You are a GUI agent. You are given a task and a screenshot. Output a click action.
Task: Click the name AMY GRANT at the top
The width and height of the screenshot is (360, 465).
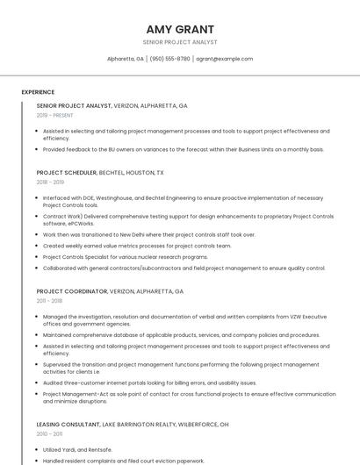click(x=179, y=29)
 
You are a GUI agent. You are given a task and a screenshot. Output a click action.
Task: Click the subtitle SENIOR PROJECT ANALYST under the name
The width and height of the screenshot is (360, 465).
click(x=179, y=42)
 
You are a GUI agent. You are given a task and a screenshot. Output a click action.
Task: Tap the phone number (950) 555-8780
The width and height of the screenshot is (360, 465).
click(x=169, y=59)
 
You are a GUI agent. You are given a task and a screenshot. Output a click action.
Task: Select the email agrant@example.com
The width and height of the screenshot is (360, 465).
click(x=224, y=59)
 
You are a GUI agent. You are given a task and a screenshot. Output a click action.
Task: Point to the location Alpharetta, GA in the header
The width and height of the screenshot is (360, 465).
click(x=125, y=59)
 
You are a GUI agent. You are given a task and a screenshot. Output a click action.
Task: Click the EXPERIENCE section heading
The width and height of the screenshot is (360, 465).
click(x=38, y=92)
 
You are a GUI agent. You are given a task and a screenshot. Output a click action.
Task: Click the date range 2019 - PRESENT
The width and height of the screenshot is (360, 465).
click(x=55, y=115)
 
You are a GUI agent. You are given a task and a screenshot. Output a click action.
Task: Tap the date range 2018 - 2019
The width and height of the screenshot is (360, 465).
click(x=50, y=182)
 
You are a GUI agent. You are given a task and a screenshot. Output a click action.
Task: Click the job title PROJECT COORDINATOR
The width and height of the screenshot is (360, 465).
click(x=71, y=291)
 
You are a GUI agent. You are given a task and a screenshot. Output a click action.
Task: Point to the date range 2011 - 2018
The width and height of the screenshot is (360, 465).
click(x=49, y=300)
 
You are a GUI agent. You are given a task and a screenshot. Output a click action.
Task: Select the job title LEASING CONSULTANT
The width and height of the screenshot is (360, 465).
click(x=69, y=424)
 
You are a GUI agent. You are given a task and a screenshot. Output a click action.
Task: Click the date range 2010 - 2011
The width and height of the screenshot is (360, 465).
click(x=49, y=433)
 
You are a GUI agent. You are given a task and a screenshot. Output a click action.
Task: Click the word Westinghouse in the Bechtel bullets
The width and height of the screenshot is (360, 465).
click(x=118, y=198)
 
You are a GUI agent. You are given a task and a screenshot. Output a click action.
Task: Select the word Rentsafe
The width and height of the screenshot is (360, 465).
click(x=99, y=449)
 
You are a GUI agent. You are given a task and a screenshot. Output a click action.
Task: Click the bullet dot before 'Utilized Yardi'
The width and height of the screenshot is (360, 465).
click(x=36, y=449)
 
